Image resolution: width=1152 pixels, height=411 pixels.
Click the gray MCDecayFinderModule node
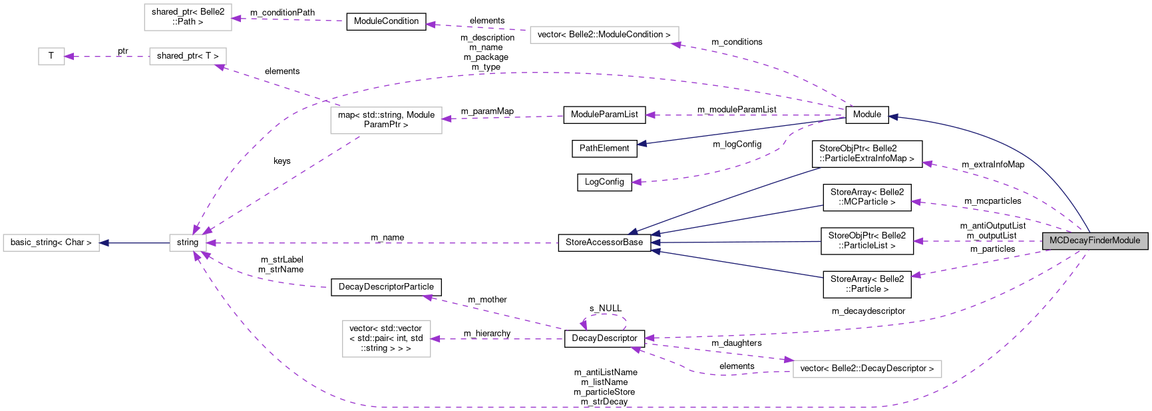click(1095, 240)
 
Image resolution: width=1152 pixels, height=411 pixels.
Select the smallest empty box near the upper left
click(51, 57)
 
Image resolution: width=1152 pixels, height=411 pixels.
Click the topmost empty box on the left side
click(188, 17)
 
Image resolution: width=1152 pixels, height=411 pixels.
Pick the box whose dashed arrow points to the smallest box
click(188, 57)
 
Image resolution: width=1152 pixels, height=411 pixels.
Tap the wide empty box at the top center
click(604, 35)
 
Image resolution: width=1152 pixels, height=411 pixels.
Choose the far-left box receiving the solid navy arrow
click(51, 243)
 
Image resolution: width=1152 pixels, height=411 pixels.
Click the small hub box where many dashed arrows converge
click(188, 243)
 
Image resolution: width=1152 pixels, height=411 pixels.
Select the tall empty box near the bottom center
click(387, 339)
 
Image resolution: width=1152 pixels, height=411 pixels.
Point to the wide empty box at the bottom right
click(867, 369)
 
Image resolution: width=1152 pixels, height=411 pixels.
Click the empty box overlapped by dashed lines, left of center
click(386, 121)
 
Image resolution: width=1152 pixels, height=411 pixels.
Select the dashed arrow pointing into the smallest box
click(106, 57)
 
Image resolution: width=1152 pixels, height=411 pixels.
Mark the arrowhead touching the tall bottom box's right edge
click(436, 339)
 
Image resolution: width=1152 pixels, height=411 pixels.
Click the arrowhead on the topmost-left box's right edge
click(237, 19)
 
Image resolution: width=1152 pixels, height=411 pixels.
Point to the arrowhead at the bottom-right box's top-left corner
click(788, 360)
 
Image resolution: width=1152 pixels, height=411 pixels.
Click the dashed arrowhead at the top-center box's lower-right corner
click(676, 45)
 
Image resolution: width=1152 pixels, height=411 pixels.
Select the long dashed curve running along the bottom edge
click(599, 406)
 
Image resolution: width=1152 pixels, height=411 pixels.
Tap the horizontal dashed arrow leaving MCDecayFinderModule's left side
click(978, 241)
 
